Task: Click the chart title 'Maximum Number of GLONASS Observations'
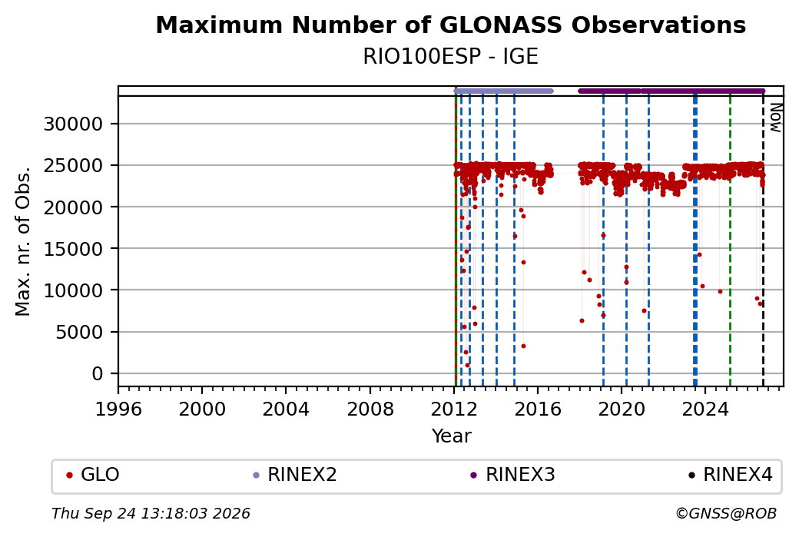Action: [x=450, y=25]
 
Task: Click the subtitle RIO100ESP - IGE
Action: [x=450, y=57]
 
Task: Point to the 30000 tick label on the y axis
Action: [x=74, y=124]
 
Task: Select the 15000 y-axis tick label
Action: [x=74, y=249]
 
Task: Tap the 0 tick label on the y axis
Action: [x=98, y=374]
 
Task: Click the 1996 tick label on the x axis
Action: [x=118, y=409]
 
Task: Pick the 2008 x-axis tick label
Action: [x=370, y=409]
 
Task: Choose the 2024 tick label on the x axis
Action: [x=705, y=409]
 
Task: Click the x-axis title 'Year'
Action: [x=452, y=436]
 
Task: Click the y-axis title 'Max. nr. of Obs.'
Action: [x=23, y=241]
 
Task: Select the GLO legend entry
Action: [x=93, y=475]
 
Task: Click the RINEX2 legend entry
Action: [x=295, y=475]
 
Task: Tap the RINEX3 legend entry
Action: [x=512, y=475]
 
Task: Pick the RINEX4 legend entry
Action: [x=731, y=475]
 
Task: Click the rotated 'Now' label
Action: [x=775, y=118]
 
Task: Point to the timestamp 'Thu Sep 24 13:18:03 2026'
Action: [x=151, y=513]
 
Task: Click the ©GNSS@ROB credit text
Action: [x=726, y=513]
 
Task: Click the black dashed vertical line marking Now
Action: [x=763, y=241]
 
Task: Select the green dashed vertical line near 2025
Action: [x=730, y=241]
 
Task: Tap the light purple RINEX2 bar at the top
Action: [x=503, y=91]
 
